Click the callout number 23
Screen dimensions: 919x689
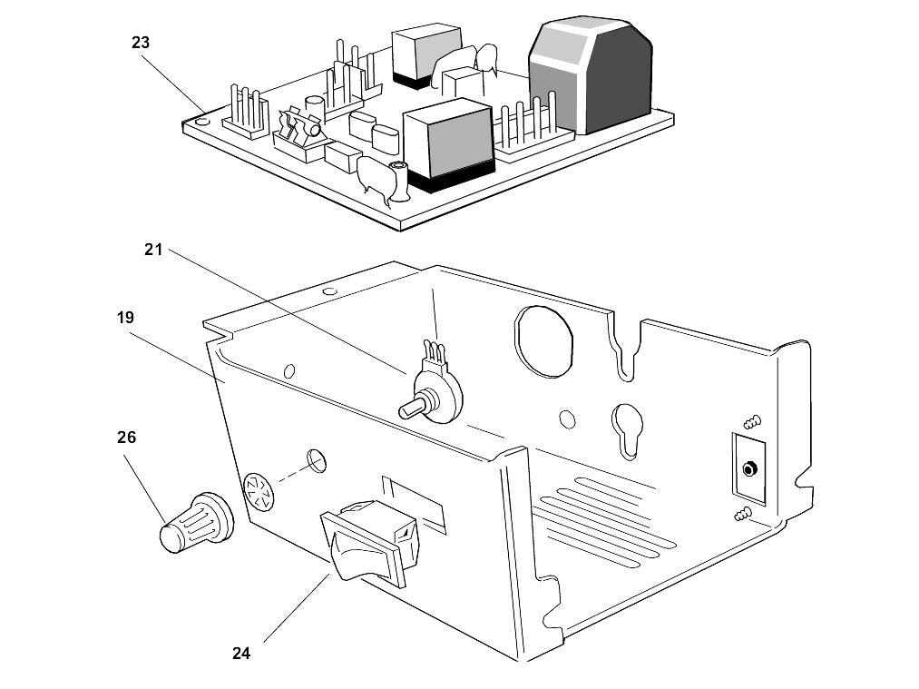tap(141, 43)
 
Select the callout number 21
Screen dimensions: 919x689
tap(153, 250)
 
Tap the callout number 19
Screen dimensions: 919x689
tap(125, 318)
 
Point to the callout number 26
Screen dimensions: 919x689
tap(127, 438)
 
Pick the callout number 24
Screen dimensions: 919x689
tap(241, 654)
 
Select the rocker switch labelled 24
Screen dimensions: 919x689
tap(369, 543)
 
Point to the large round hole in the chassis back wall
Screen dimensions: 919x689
tap(543, 340)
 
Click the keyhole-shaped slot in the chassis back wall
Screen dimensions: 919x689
tap(627, 429)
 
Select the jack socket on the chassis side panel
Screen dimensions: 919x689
tap(748, 469)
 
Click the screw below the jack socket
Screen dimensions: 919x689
tap(743, 515)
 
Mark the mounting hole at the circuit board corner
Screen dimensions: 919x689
tap(202, 122)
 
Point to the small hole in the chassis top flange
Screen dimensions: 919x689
tap(330, 290)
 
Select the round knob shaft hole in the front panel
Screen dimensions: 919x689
tap(317, 461)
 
